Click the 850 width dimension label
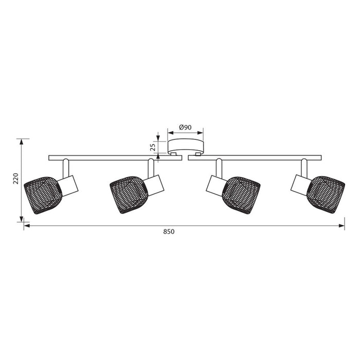pyautogui.click(x=169, y=231)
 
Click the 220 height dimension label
pyautogui.click(x=16, y=178)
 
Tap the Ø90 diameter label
pyautogui.click(x=185, y=127)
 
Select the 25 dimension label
pyautogui.click(x=153, y=147)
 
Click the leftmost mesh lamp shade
pyautogui.click(x=43, y=195)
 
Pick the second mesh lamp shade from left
pyautogui.click(x=129, y=195)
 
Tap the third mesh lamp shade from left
pyautogui.click(x=241, y=195)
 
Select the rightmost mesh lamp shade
pyautogui.click(x=327, y=194)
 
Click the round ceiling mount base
pyautogui.click(x=186, y=146)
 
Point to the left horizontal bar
pyautogui.click(x=115, y=158)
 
